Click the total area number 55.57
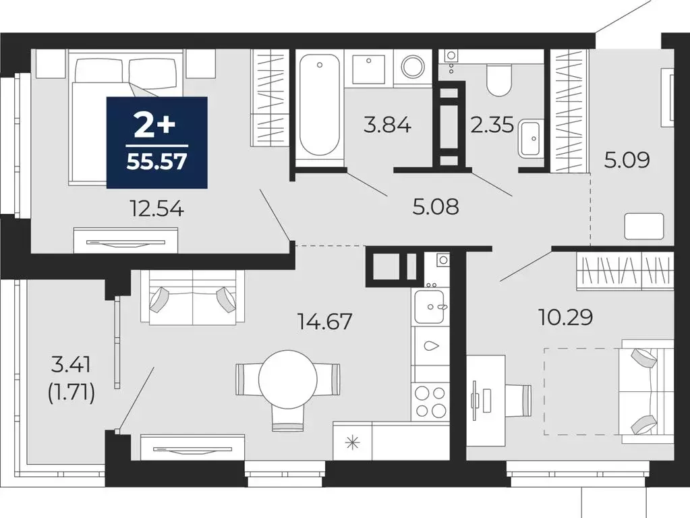tap(156, 164)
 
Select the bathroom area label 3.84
tap(387, 125)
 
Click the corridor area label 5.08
tap(436, 206)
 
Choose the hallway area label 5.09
tap(627, 161)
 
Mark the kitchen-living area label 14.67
tap(324, 321)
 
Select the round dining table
tap(288, 380)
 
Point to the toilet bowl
tap(500, 81)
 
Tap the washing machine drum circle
tap(412, 67)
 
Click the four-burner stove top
tap(430, 401)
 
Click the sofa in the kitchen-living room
tap(192, 297)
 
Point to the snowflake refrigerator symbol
tap(351, 442)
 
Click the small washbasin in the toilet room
tap(531, 138)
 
